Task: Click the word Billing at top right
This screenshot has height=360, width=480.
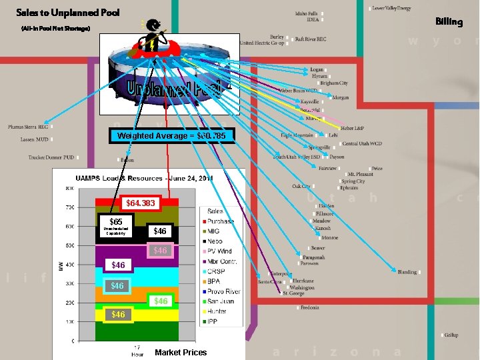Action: [x=449, y=21]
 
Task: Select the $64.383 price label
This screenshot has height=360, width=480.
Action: [x=140, y=203]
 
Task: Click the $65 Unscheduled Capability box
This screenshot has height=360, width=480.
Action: [x=115, y=226]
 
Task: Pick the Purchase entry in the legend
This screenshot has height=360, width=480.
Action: [x=219, y=221]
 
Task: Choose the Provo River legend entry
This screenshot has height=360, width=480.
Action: [x=223, y=291]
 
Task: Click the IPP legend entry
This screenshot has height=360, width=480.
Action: [x=213, y=321]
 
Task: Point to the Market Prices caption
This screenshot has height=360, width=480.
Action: [x=181, y=352]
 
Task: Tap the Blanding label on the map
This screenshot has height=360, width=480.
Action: [x=407, y=272]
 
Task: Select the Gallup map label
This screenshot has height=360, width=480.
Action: [x=451, y=335]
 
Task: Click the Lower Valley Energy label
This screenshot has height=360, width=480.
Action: [x=391, y=8]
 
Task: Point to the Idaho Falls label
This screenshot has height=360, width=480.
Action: [x=307, y=13]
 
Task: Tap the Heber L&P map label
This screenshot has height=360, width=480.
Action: [x=351, y=128]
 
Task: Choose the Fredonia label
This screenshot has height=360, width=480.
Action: [x=309, y=307]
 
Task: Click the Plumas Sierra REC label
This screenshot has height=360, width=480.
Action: [x=28, y=127]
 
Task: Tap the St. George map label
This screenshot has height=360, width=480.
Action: [x=294, y=293]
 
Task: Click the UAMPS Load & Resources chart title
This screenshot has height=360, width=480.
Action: [x=144, y=179]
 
